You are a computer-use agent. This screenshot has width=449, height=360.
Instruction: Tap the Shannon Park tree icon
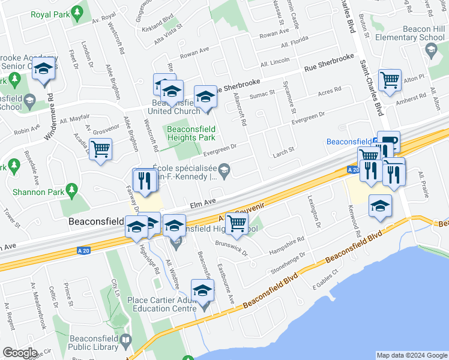(72, 191)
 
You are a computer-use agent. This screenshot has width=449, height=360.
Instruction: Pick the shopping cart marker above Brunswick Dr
(237, 223)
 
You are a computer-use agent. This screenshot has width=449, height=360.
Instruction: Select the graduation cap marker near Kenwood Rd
(380, 206)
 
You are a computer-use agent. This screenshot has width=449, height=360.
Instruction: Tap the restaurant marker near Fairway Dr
(144, 179)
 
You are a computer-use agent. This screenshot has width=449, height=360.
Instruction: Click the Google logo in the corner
(20, 353)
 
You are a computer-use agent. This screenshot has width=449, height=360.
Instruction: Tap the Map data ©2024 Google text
(411, 356)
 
